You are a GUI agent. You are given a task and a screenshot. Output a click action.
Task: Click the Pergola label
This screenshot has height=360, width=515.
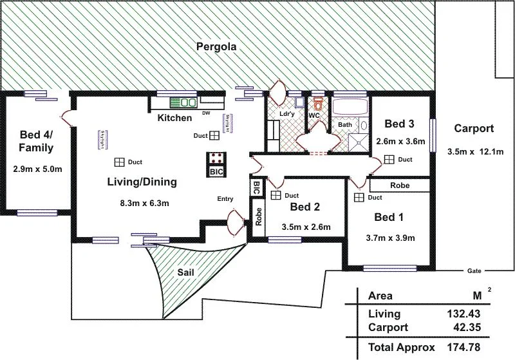pyautogui.click(x=218, y=46)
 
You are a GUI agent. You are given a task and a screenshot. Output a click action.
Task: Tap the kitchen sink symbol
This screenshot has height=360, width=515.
pyautogui.click(x=183, y=102)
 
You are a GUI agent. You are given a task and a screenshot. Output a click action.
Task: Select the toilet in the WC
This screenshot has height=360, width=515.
pyautogui.click(x=317, y=104)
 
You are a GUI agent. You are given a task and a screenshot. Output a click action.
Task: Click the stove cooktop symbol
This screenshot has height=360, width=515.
pyautogui.click(x=216, y=158)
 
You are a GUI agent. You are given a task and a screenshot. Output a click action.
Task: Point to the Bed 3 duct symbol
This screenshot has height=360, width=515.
pyautogui.click(x=389, y=159)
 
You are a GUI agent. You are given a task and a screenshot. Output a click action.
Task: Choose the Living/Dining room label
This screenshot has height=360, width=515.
pyautogui.click(x=142, y=182)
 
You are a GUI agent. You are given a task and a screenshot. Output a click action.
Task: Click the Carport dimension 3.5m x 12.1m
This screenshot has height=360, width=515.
pyautogui.click(x=474, y=152)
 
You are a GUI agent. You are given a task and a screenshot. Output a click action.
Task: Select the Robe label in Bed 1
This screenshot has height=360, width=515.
pyautogui.click(x=399, y=185)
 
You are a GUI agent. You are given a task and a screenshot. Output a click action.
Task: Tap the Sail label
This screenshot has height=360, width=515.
pyautogui.click(x=185, y=272)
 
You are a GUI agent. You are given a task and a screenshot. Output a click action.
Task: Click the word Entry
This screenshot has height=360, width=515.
pyautogui.click(x=225, y=199)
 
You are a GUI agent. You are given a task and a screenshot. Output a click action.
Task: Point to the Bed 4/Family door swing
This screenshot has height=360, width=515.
pyautogui.click(x=64, y=117)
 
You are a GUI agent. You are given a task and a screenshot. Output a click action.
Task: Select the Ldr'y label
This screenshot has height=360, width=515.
pyautogui.click(x=287, y=114)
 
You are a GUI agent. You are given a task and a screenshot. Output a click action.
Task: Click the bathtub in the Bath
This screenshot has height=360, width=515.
pyautogui.click(x=348, y=107)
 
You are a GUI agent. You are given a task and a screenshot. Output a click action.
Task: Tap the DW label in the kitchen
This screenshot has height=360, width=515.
pyautogui.click(x=206, y=113)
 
